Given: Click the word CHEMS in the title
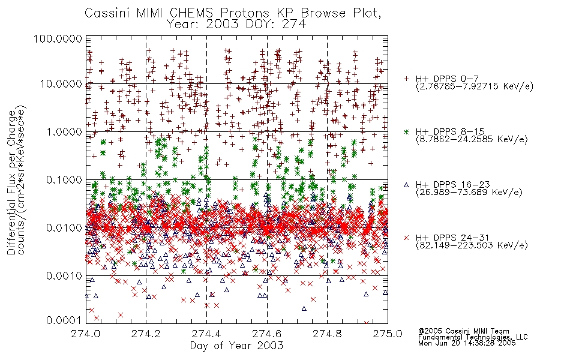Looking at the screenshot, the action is pos(192,13).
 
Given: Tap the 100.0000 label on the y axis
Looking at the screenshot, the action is pos(58,38).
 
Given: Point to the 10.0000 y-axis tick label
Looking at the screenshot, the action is pos(61,84).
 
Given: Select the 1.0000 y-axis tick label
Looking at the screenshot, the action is pos(64,131).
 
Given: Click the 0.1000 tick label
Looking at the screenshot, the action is pos(64,179).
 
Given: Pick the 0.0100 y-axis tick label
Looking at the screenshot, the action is pos(64,227).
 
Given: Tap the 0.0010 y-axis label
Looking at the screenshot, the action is pos(64,275).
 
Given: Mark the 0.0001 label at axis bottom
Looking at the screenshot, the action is pos(64,320).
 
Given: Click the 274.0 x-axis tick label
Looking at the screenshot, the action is pos(86,334).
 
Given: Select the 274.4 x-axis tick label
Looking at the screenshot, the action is pos(206,334).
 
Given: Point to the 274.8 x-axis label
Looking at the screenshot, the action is pos(327,334).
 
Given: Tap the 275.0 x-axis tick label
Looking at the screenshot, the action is pos(388,334).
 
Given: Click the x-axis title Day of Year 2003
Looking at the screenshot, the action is pos(236,346).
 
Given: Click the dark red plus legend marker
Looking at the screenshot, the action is pos(406,79).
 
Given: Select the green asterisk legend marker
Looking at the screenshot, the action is pos(406,131).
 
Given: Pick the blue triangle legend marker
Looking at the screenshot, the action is pos(406,185).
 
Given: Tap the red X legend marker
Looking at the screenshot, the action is pos(406,238).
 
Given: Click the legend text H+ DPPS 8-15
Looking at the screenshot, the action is pos(450,131).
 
